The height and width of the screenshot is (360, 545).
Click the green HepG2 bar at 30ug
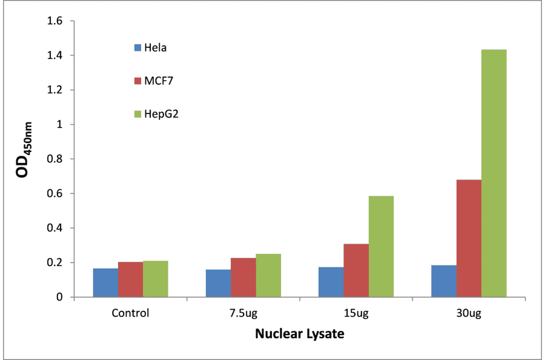[x=494, y=173]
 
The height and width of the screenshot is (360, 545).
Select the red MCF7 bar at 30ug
[x=469, y=238]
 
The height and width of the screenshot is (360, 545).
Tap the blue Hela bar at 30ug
[x=444, y=281]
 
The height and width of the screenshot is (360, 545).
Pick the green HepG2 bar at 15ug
[x=381, y=247]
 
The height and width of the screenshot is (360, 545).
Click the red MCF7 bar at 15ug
[x=356, y=270]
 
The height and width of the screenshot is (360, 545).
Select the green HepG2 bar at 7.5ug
[x=268, y=275]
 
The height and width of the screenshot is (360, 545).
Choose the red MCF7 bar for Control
[x=130, y=279]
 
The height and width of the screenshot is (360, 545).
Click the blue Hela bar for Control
[x=105, y=282]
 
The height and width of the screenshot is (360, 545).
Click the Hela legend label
[x=155, y=47]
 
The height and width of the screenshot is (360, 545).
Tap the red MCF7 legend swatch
[x=137, y=80]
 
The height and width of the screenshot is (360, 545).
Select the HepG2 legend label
[x=160, y=114]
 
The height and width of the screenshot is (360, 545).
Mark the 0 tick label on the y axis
[x=60, y=298]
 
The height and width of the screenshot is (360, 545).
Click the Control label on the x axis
[x=130, y=313]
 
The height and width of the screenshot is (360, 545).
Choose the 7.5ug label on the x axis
[x=243, y=313]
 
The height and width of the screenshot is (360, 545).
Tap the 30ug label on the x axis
[x=469, y=313]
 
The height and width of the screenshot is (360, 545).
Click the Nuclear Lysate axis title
[x=299, y=333]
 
